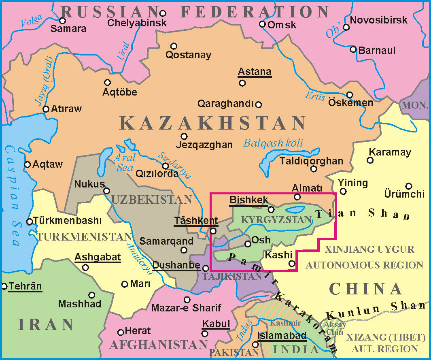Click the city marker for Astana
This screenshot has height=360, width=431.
(x=242, y=83)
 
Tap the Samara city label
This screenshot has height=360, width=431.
(x=69, y=29)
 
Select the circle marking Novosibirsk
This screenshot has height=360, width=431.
(x=346, y=28)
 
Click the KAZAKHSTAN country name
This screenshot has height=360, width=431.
(x=213, y=123)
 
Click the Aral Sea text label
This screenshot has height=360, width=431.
(x=123, y=162)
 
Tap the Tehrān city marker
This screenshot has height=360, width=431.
(x=4, y=286)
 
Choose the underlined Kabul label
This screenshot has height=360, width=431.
(x=216, y=324)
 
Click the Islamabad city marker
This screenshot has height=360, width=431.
(x=255, y=345)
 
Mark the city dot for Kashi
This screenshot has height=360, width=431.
(x=292, y=264)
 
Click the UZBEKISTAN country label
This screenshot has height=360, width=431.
(x=151, y=199)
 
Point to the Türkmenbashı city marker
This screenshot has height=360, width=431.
(x=30, y=222)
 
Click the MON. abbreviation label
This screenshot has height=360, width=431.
(x=415, y=105)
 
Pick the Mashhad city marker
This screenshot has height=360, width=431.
(x=92, y=295)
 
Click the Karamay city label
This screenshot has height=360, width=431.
(x=389, y=152)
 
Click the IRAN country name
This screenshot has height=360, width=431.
(x=46, y=324)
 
